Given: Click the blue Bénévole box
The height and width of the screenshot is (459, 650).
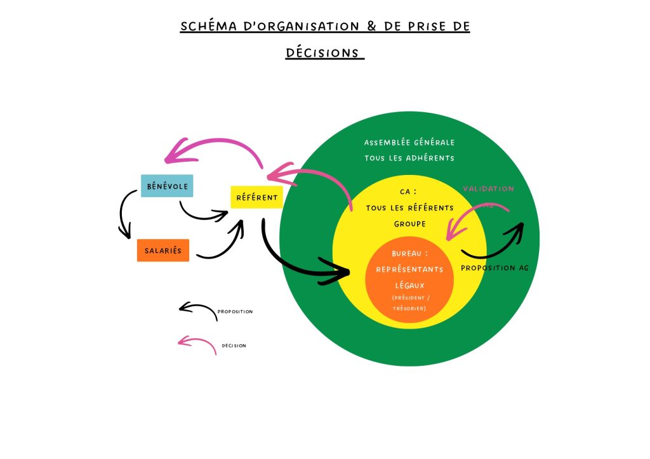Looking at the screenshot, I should pyautogui.click(x=167, y=186).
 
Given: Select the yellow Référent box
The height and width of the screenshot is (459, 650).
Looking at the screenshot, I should pyautogui.click(x=256, y=197).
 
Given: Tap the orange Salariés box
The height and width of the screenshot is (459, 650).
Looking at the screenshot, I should pyautogui.click(x=163, y=250).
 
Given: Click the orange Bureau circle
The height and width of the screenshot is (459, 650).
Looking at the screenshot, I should pyautogui.click(x=409, y=279).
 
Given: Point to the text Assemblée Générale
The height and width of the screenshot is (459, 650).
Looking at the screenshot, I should pyautogui.click(x=409, y=143).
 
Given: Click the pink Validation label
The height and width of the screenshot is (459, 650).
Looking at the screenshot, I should pyautogui.click(x=488, y=189).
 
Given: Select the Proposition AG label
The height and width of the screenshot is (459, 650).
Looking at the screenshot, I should pyautogui.click(x=494, y=268).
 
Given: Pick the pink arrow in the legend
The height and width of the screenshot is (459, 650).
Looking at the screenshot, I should pyautogui.click(x=197, y=344).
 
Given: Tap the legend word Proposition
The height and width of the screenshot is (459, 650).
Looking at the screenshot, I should pyautogui.click(x=235, y=312).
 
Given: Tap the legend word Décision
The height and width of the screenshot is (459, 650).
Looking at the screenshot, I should pyautogui.click(x=234, y=346).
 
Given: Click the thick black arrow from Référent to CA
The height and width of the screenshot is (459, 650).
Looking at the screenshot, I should pyautogui.click(x=298, y=263).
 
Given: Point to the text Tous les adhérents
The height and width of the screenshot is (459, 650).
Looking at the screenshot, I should pyautogui.click(x=409, y=158).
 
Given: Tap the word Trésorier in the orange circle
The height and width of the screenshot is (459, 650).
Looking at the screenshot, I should pyautogui.click(x=409, y=308).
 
